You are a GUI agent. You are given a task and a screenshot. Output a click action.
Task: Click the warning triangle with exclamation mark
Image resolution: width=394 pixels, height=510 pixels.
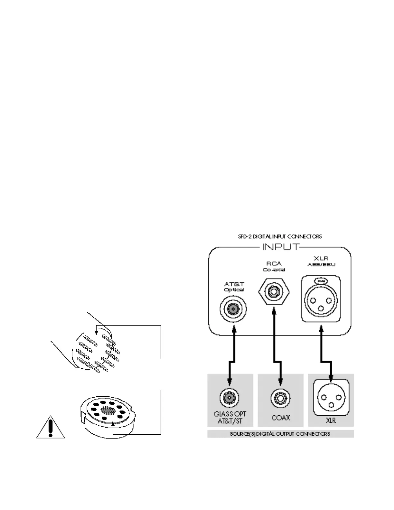pos(51,428)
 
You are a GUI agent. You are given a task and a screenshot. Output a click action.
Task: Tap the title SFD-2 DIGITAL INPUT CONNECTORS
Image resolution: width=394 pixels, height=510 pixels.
pos(280,237)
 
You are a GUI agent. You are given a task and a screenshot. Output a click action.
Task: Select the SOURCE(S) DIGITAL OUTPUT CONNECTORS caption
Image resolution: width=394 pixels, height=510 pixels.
pos(280,434)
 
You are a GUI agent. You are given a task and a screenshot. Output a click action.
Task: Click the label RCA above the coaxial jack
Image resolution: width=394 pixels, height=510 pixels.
pos(274,264)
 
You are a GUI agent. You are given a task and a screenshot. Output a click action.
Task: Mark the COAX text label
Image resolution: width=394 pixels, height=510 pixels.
pos(281,418)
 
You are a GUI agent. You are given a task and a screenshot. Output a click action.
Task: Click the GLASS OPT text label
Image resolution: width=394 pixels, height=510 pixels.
pos(230,414)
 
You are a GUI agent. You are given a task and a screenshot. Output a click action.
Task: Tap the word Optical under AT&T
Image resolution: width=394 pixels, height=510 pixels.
pos(234,289)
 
